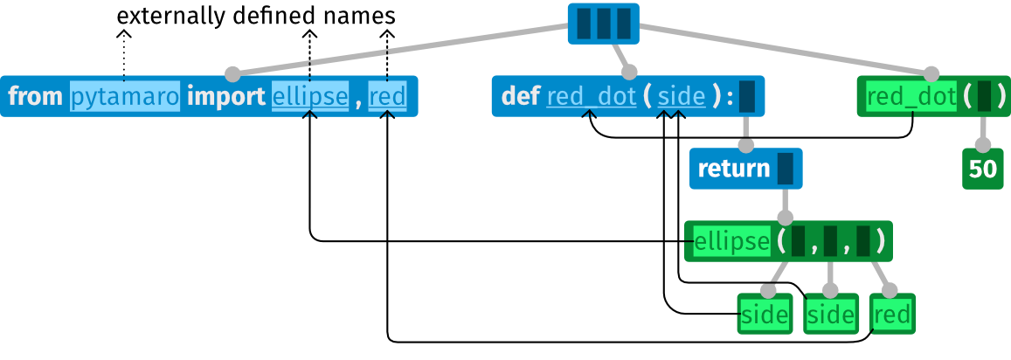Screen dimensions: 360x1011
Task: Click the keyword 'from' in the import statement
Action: pyautogui.click(x=36, y=96)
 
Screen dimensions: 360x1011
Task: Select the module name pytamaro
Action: pyautogui.click(x=125, y=96)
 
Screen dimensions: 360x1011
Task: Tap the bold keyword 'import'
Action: pyautogui.click(x=225, y=96)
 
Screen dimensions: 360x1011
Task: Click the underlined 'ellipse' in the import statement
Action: pyautogui.click(x=310, y=96)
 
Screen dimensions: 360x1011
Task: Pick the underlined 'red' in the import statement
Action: pyautogui.click(x=387, y=96)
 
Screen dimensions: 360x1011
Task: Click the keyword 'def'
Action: pyautogui.click(x=521, y=96)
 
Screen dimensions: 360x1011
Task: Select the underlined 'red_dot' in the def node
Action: pyautogui.click(x=592, y=96)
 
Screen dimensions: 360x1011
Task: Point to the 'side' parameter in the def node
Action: pyautogui.click(x=682, y=96)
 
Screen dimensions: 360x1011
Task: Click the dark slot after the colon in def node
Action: pyautogui.click(x=746, y=96)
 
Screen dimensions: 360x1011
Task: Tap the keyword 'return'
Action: pyautogui.click(x=734, y=169)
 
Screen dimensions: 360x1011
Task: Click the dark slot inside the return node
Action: pyautogui.click(x=785, y=169)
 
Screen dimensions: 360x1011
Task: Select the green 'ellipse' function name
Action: pyautogui.click(x=732, y=241)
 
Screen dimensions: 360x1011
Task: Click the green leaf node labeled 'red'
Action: pyautogui.click(x=892, y=315)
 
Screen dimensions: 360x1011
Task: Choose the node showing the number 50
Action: pyautogui.click(x=983, y=169)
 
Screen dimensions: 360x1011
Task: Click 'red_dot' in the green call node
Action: pyautogui.click(x=911, y=96)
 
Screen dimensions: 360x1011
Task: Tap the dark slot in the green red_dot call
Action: pyautogui.click(x=984, y=96)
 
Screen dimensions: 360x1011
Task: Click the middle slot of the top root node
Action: pyautogui.click(x=603, y=24)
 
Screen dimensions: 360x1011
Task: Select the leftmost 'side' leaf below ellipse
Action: pyautogui.click(x=765, y=315)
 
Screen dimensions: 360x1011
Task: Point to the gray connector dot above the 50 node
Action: pyautogui.click(x=983, y=145)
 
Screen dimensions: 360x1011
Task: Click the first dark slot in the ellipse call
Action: pyautogui.click(x=798, y=241)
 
